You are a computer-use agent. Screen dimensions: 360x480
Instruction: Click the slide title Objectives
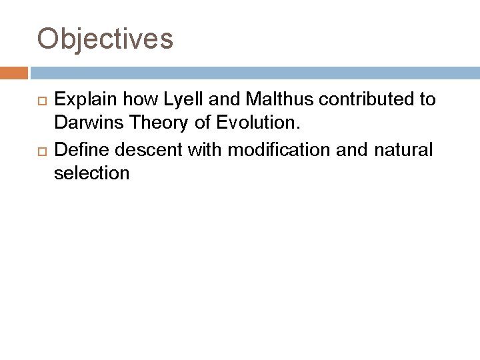coord(105,39)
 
